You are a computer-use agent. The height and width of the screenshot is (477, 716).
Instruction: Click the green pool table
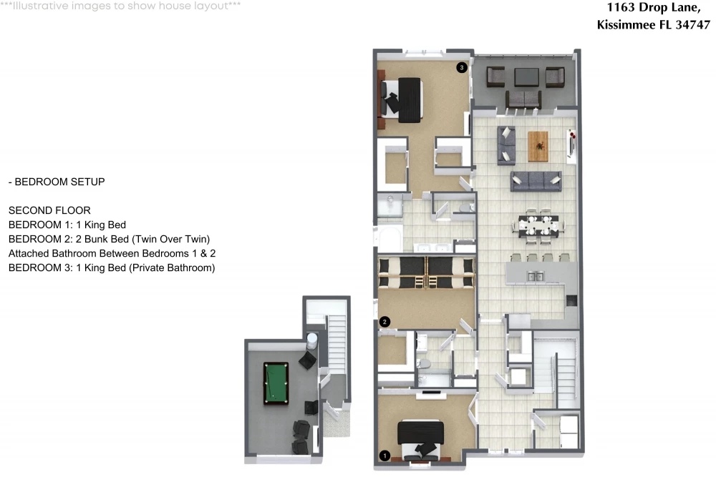(276, 383)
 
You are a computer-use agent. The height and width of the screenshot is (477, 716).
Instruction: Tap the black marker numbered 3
(462, 67)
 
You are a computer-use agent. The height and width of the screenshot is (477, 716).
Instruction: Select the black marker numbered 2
(384, 322)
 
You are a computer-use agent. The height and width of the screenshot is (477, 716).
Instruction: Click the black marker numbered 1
(384, 456)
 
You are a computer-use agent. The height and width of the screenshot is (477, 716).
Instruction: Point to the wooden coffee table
(538, 147)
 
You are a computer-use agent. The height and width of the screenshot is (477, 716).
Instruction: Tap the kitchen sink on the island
(535, 276)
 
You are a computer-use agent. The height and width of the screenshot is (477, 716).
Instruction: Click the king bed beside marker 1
(420, 440)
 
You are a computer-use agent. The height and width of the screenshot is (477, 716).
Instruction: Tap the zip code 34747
(692, 24)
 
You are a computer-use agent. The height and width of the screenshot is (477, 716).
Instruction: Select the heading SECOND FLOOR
(49, 210)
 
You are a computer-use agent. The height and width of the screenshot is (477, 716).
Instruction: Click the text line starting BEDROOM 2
(109, 239)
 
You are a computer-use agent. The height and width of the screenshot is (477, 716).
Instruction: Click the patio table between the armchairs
(526, 77)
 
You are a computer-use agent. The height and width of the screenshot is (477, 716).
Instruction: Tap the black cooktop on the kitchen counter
(571, 300)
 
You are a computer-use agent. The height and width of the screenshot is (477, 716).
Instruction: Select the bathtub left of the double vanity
(389, 238)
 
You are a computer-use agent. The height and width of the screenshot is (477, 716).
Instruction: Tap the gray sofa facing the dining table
(536, 182)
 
